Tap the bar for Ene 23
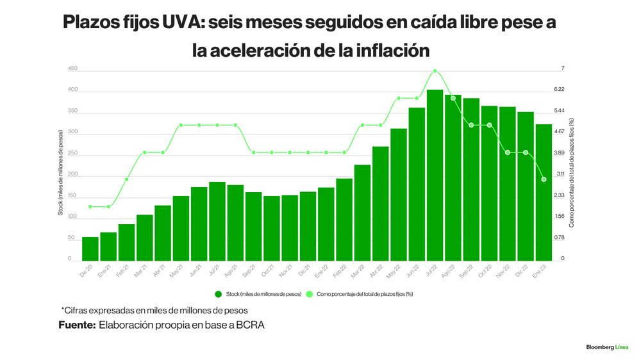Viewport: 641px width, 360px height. [544, 192]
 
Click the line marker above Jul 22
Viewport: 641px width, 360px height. [435, 71]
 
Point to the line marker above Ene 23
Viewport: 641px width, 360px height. [544, 179]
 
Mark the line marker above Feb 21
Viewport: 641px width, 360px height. [127, 179]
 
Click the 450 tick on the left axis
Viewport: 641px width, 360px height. [72, 69]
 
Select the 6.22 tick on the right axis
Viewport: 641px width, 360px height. [559, 90]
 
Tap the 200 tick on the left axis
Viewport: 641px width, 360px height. [72, 174]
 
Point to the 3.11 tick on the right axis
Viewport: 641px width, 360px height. [560, 174]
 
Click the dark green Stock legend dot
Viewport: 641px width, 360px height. [218, 294]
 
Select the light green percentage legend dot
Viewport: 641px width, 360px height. [310, 294]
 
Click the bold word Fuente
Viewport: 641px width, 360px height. [76, 325]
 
